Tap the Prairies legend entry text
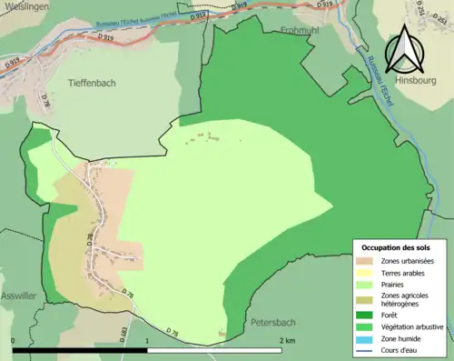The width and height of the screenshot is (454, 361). tap(395, 284)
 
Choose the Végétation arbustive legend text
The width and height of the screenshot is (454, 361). tap(411, 326)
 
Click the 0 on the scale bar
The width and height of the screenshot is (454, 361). tap(14, 341)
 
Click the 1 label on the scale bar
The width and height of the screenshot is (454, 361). tap(147, 341)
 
